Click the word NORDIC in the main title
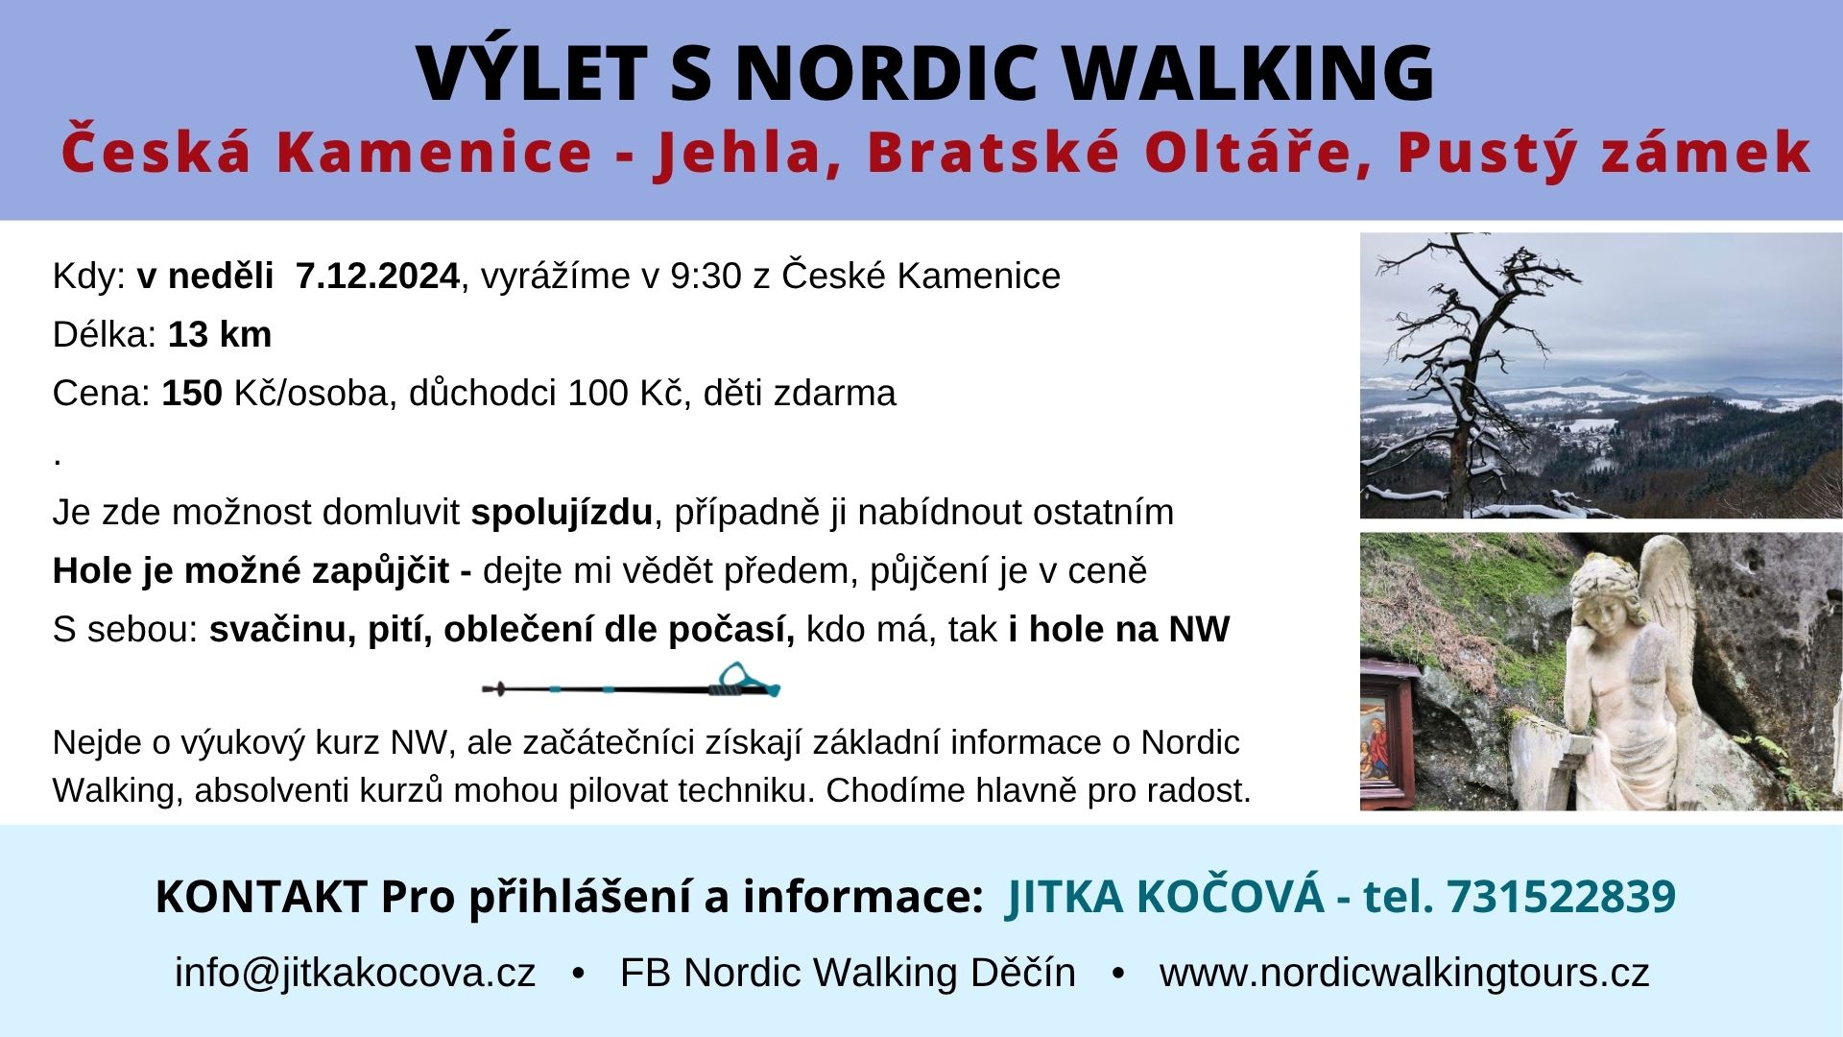point(885,73)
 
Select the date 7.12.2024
point(377,277)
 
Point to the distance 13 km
point(220,335)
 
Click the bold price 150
point(192,394)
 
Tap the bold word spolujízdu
point(562,513)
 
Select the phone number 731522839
point(1561,896)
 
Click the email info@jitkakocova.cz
point(355,973)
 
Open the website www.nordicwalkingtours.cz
point(1404,973)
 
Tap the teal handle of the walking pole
point(744,681)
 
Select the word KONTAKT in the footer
point(261,896)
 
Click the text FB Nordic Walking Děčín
point(848,973)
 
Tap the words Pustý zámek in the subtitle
point(1603,152)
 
